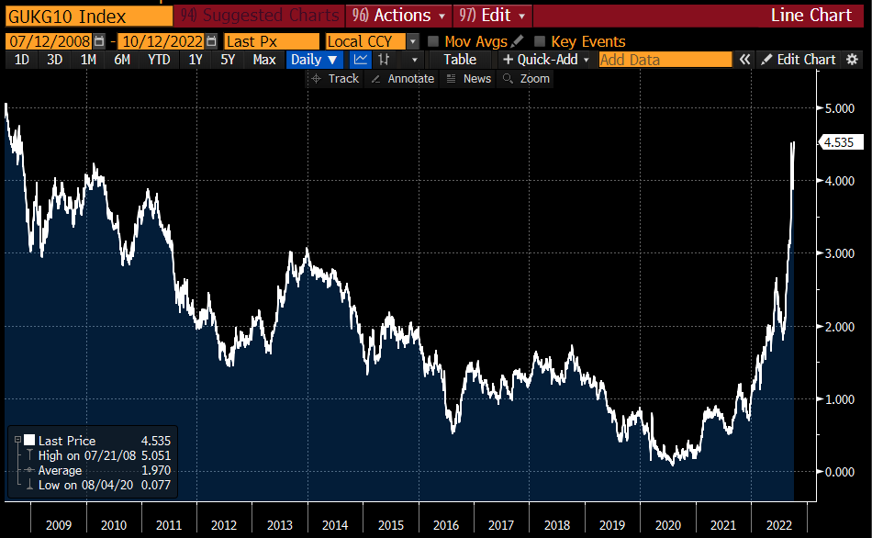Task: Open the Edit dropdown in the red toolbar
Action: (494, 16)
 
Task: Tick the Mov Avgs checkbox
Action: (434, 41)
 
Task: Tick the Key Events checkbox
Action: (540, 41)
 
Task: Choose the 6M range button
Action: (121, 60)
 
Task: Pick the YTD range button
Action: (159, 60)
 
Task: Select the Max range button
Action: (264, 60)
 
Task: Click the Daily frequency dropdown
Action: (314, 60)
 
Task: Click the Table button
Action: (460, 60)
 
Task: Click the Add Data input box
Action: (665, 60)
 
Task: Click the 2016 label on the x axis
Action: (446, 525)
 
